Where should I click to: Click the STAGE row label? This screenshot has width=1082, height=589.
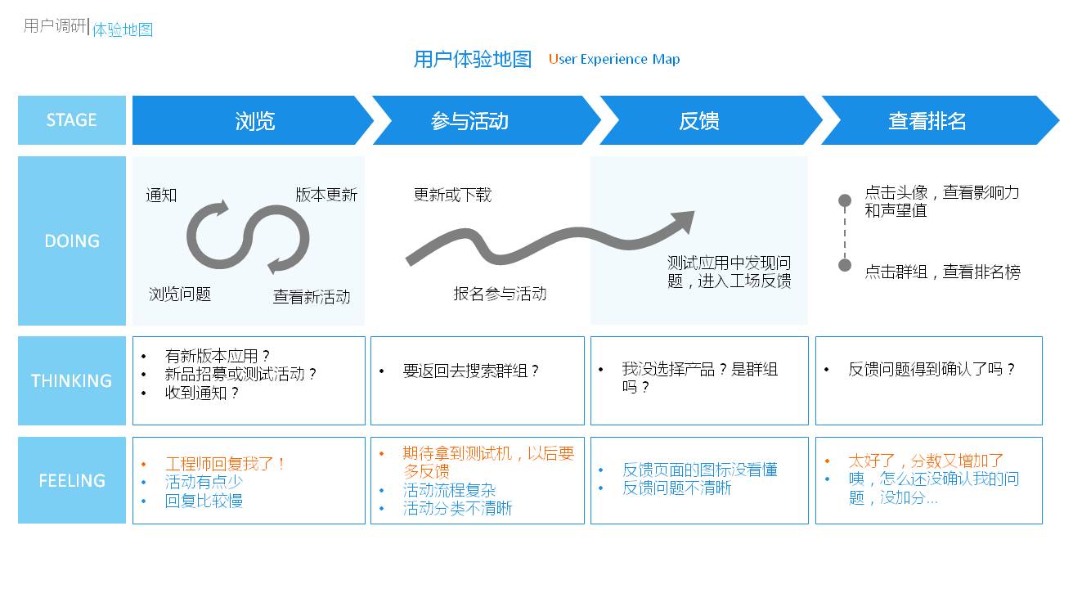pos(71,120)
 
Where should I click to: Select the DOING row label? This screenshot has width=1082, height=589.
pos(71,241)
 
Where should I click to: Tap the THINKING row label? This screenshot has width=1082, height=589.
pos(71,380)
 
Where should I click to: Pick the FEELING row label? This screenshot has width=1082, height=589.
pos(71,480)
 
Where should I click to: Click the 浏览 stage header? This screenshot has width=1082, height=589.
pos(254,121)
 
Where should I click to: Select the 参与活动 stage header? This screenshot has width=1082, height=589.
pos(469,121)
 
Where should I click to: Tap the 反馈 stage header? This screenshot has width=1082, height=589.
pos(698,121)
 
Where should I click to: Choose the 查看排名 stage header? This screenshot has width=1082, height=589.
pos(927,121)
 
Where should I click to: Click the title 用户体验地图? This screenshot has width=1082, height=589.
pos(472,59)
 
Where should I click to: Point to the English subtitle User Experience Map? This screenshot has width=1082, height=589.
pos(613,59)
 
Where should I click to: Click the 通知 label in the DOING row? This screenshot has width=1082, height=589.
pos(161,195)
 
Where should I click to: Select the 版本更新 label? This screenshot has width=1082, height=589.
pos(326,195)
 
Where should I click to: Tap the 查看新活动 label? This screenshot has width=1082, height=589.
pos(312,297)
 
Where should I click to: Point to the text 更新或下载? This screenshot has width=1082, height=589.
pos(452,195)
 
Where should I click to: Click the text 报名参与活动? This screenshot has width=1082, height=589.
pos(500,294)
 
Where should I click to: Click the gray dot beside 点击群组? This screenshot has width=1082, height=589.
pos(845,265)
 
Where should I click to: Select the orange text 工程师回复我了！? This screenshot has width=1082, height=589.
pos(226,464)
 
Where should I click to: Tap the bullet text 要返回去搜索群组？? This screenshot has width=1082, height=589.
pos(471,371)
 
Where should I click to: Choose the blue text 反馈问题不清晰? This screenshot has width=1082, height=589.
pos(677,488)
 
